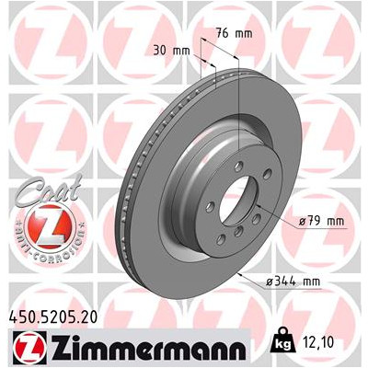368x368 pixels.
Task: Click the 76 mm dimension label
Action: (x=234, y=33)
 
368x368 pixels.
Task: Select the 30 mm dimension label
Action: (x=171, y=51)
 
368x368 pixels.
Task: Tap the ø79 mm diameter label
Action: (x=322, y=221)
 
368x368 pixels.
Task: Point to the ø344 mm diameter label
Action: (x=293, y=281)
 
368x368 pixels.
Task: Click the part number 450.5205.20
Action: (x=52, y=316)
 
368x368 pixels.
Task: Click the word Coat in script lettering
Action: (x=49, y=189)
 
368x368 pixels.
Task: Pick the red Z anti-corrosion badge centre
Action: (x=50, y=227)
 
